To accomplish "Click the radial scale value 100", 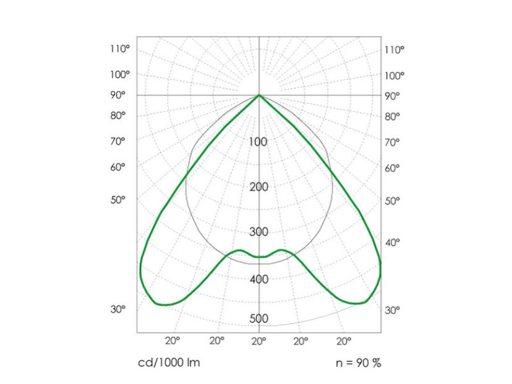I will tap(258, 142).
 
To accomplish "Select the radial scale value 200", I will tap(258, 186).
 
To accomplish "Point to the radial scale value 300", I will tap(258, 232).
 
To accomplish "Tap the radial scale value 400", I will tap(258, 279).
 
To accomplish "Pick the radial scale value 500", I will tap(258, 318).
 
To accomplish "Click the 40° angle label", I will tap(393, 242).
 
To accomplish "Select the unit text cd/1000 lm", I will tap(168, 362).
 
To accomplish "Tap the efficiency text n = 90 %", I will tap(359, 362).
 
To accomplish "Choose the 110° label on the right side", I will tap(394, 50).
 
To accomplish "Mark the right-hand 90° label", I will tap(393, 95).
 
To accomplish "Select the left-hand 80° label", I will tap(118, 115).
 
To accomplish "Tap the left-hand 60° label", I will tap(118, 167).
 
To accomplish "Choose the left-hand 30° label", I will tap(118, 309).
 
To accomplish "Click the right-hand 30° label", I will tap(393, 310).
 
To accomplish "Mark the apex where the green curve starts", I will tap(258, 95).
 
